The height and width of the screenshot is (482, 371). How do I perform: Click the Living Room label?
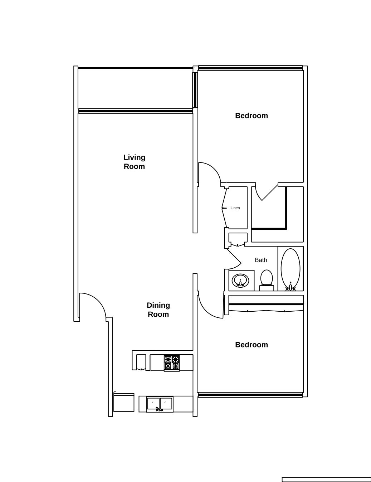134,162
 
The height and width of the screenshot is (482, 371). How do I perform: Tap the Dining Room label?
158,310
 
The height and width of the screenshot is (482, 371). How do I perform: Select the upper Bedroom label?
252,116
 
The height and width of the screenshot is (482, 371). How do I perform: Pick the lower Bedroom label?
252,345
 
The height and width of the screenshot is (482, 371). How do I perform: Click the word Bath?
261,260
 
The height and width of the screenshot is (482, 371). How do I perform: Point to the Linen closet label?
235,208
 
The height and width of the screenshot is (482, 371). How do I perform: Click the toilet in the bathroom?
267,280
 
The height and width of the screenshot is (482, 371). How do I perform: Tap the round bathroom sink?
240,281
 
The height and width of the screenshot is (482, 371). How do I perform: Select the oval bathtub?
291,268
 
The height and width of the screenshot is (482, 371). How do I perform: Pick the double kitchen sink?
160,404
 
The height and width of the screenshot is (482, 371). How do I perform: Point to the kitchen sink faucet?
159,409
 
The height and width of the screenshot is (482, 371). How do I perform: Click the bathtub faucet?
291,287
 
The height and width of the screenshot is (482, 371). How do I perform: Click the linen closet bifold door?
224,208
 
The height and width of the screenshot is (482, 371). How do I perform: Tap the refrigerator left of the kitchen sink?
124,403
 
